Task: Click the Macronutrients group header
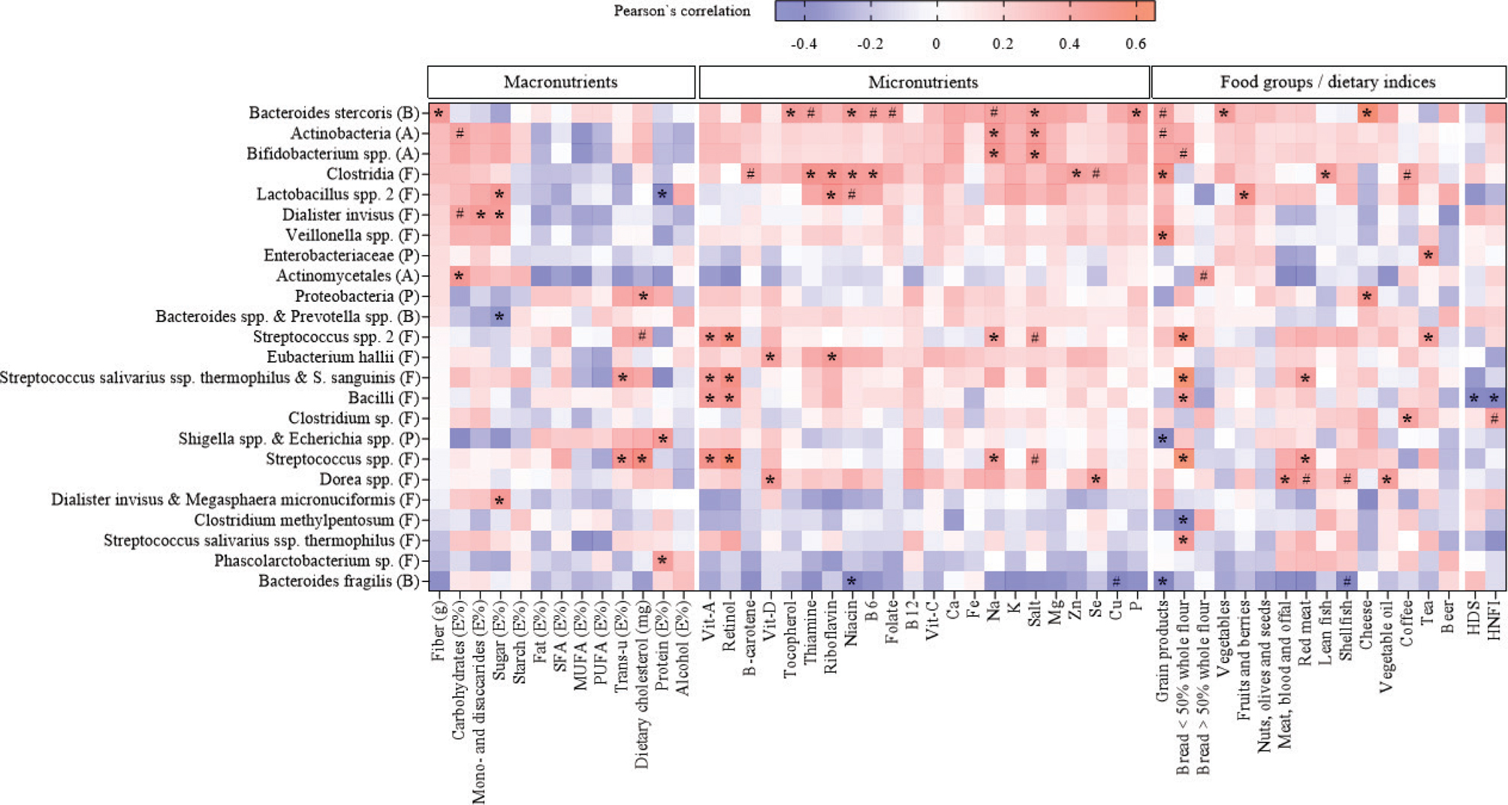pos(560,82)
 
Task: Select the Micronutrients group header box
pos(923,82)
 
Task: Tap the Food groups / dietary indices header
pos(1327,82)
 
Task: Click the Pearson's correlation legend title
pos(682,11)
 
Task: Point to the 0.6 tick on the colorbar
pos(1136,44)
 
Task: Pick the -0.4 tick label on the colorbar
pos(804,44)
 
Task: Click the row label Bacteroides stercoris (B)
pos(333,113)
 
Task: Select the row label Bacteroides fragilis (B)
pos(339,581)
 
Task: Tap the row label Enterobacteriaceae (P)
pos(341,256)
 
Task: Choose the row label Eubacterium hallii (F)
pos(342,357)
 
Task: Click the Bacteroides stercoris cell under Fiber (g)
pos(439,113)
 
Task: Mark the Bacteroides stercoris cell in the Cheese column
pos(1367,113)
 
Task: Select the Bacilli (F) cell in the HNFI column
pos(1494,398)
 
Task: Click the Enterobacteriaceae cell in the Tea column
pos(1428,256)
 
